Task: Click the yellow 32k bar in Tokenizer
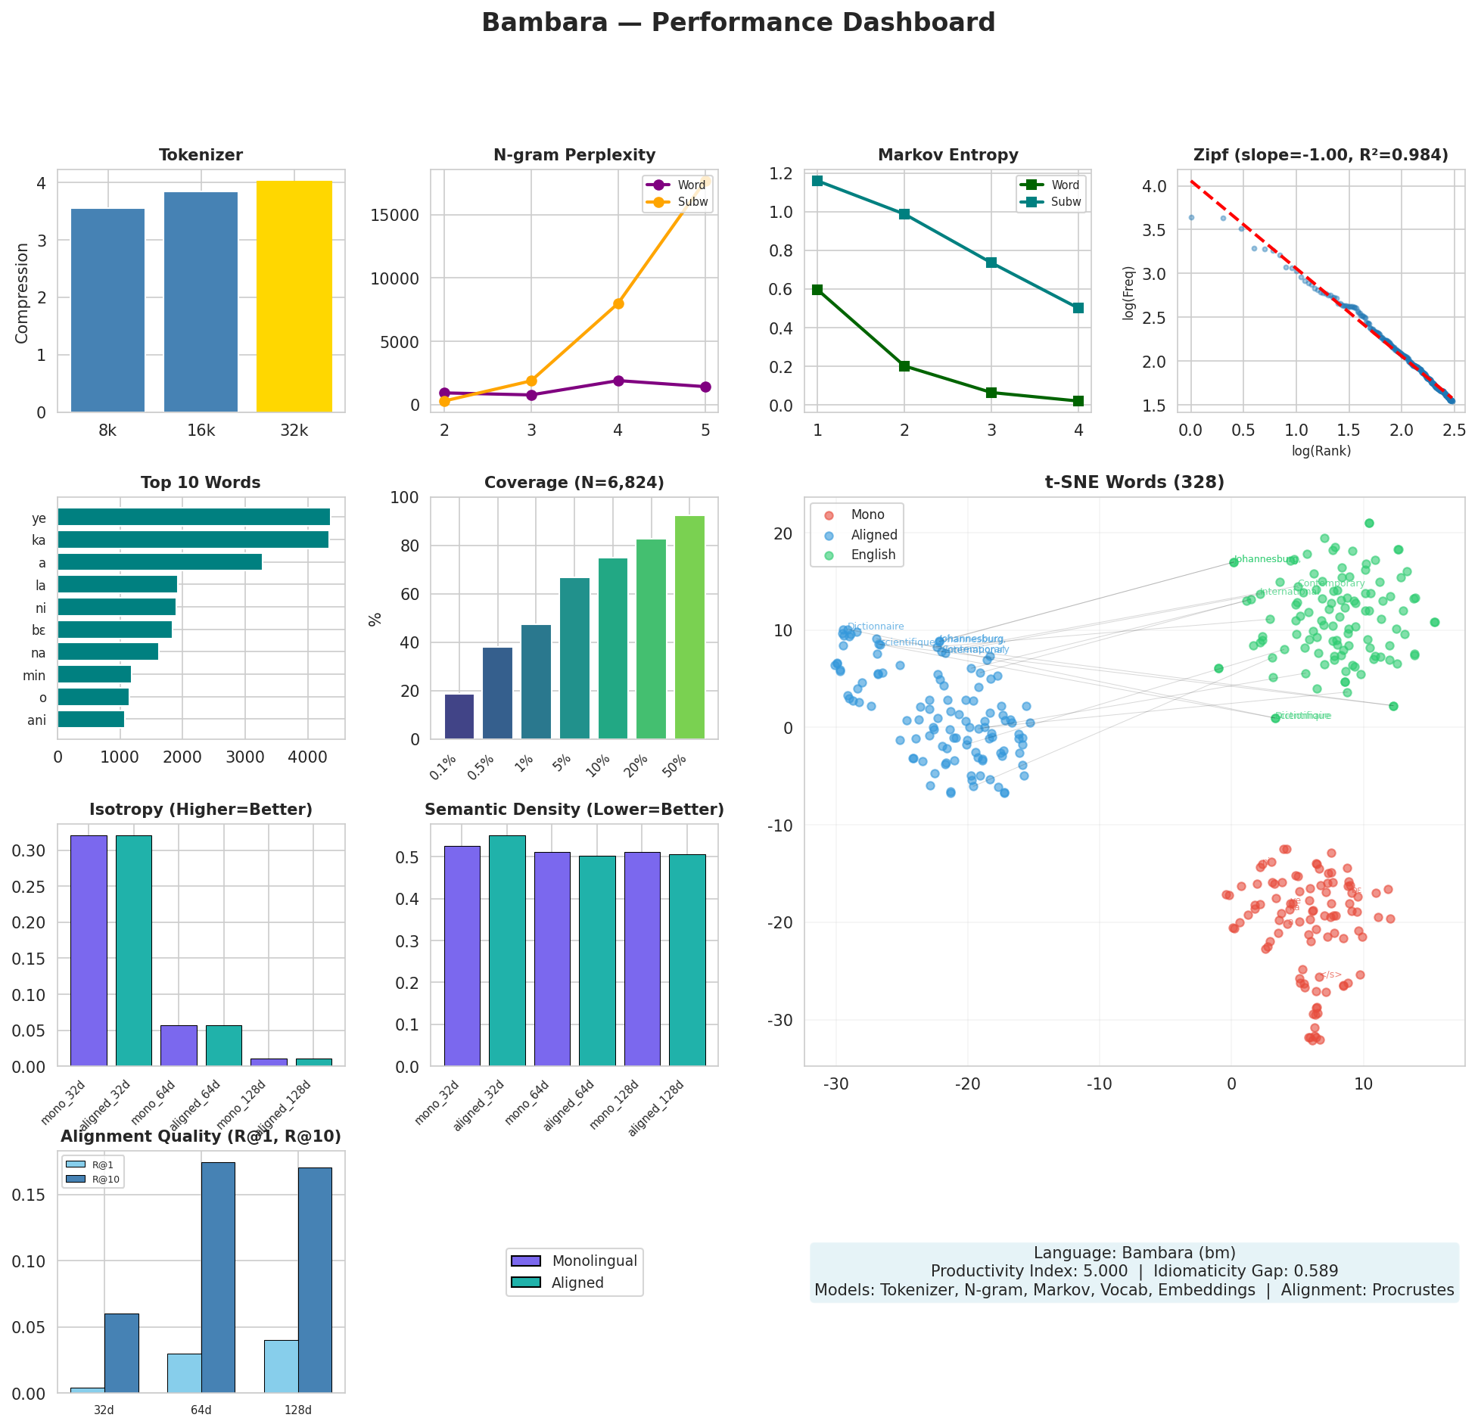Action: click(294, 297)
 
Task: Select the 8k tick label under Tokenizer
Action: click(107, 431)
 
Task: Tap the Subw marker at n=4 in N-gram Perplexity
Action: click(618, 303)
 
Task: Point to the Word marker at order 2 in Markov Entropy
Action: click(904, 366)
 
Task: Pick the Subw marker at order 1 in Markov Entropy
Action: click(817, 181)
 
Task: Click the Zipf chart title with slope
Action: click(1321, 155)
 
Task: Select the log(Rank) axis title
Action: click(1321, 451)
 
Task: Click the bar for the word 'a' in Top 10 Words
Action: click(160, 562)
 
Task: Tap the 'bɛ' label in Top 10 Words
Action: click(39, 630)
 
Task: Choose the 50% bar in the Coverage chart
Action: click(689, 627)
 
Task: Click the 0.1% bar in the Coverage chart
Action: click(459, 717)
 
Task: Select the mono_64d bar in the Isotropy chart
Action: click(179, 1046)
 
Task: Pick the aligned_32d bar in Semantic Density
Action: click(507, 951)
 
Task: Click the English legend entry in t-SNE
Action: click(873, 555)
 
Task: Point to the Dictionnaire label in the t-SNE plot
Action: click(876, 626)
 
